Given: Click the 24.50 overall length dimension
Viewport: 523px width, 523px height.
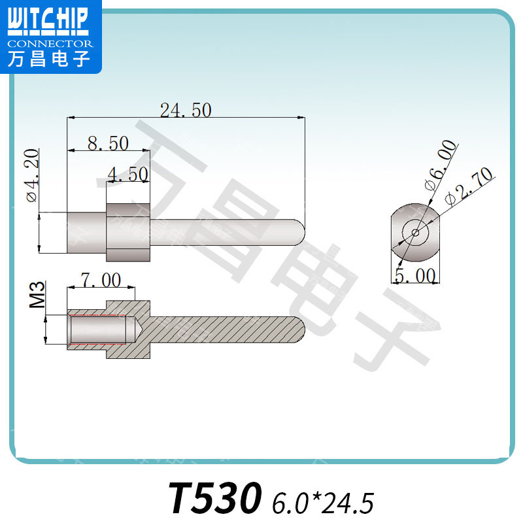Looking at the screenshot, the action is [x=186, y=110].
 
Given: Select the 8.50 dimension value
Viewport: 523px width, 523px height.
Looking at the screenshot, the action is [x=108, y=143].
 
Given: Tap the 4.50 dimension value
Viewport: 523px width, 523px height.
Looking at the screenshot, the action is [x=128, y=173].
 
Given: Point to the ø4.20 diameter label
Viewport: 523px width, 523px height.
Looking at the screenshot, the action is [x=32, y=175].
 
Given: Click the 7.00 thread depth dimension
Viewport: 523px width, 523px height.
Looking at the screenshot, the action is [x=101, y=280].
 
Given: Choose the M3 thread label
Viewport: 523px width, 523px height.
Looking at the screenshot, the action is [x=37, y=294].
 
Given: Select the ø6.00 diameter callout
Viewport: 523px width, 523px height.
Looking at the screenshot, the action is [x=440, y=165].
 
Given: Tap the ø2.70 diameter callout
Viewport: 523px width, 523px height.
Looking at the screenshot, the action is [x=469, y=186].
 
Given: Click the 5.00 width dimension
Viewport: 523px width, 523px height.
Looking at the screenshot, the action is [x=415, y=275].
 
